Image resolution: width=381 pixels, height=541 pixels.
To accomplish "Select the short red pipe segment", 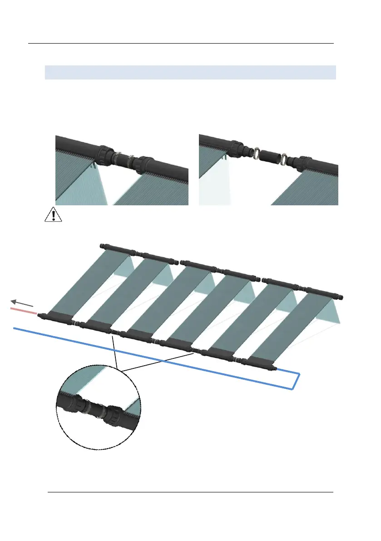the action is click(x=24, y=311).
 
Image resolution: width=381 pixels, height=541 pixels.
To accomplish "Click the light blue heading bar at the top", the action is click(x=190, y=72).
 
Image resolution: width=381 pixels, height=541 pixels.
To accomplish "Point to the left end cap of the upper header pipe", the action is click(x=102, y=246).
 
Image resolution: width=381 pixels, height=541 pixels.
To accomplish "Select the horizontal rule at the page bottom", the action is click(x=191, y=492).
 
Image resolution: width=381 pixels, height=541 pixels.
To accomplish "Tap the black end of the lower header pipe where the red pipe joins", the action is click(x=40, y=315).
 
